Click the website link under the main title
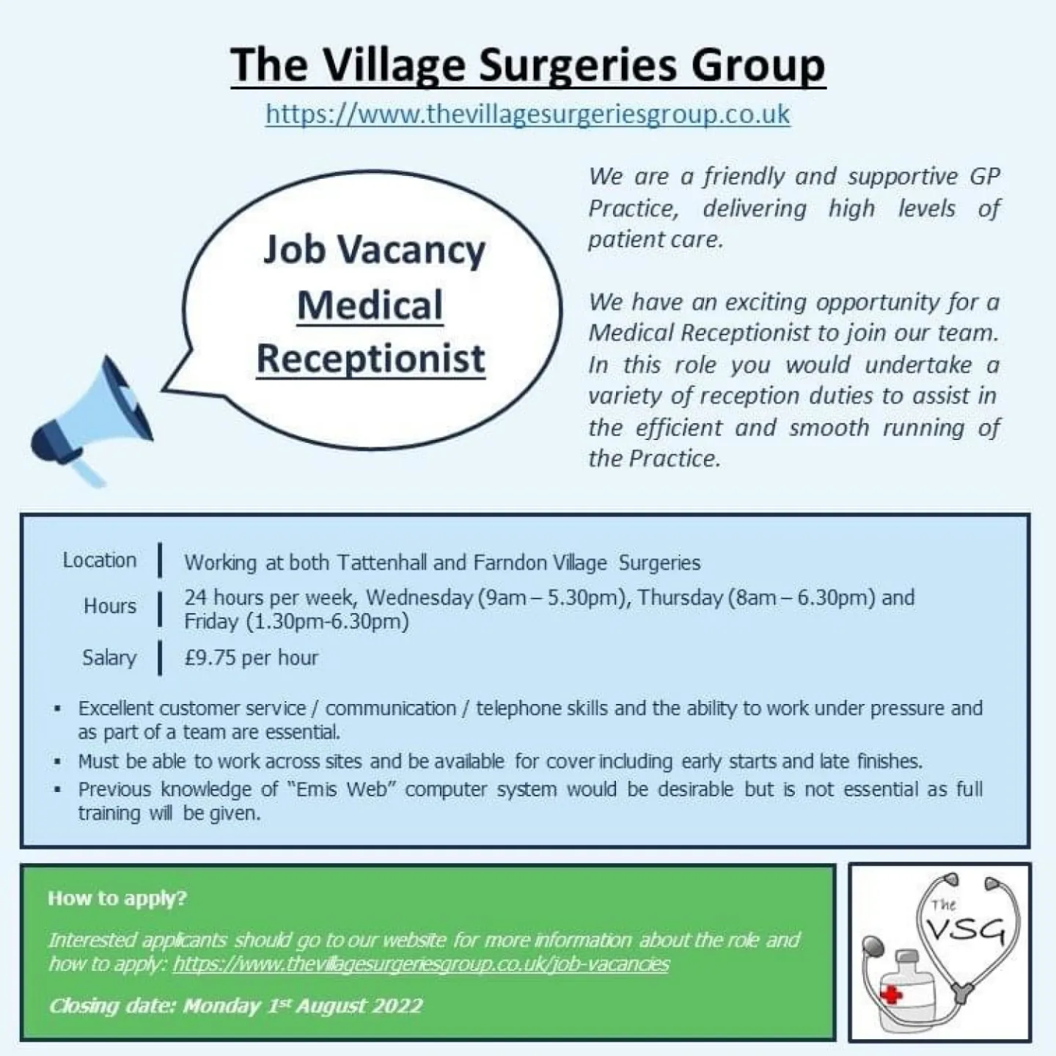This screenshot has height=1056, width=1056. (527, 114)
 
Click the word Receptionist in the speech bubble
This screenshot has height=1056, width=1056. (370, 359)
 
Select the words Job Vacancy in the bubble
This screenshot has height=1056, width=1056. (374, 250)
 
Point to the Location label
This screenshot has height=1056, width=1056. (100, 560)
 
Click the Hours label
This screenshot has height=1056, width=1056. (110, 606)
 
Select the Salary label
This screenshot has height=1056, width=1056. (109, 658)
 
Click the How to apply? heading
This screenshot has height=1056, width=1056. (117, 898)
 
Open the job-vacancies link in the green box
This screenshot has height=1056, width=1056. (421, 964)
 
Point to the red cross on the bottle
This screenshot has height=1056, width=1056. (891, 995)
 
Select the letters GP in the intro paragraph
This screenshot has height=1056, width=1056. (985, 177)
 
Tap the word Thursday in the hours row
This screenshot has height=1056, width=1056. (681, 598)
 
